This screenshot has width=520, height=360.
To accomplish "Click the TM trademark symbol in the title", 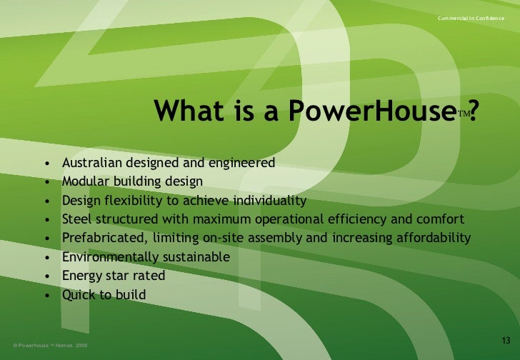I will coord(462,114).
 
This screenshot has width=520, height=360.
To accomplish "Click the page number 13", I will coord(506,339).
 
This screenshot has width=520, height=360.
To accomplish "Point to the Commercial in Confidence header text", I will coord(474,17).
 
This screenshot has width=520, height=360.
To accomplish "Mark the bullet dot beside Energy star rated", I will coord(47,276).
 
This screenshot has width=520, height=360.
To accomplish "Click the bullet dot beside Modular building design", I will coord(47,181).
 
